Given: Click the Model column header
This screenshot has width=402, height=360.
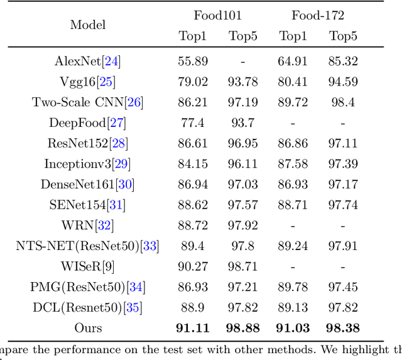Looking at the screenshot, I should [88, 25].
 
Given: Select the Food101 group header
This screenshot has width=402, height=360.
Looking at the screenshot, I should [217, 15].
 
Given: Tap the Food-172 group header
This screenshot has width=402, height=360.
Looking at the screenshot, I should [317, 15].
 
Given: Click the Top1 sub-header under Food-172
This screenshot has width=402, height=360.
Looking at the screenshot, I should [292, 36].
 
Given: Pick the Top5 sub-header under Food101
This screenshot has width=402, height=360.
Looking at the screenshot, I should [242, 36].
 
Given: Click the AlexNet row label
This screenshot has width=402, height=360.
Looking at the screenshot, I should [87, 62].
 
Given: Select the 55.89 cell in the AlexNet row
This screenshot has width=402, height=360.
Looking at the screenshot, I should [192, 62].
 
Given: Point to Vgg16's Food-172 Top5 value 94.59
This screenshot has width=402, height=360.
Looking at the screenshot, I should [343, 82].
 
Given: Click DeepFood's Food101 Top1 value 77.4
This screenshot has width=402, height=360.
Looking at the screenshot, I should [192, 123].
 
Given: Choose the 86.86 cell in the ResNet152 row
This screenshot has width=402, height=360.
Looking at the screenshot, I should [292, 144].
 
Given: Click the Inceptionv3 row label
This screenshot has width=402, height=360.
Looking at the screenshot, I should [87, 164].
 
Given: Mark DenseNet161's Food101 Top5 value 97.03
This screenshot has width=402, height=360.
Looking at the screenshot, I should [242, 185].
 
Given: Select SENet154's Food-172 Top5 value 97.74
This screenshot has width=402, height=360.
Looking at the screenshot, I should [343, 205].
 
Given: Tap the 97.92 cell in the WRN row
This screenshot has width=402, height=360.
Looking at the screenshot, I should [242, 226].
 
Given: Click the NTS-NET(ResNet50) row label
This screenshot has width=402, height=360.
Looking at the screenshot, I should [87, 246].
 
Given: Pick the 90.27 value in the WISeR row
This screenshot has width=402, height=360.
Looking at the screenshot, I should [192, 266].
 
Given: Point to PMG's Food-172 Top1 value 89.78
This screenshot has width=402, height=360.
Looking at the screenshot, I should [292, 287].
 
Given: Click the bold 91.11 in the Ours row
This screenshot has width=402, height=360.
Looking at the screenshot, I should [192, 328].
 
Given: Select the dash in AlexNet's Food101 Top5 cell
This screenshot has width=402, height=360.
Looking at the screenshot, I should [242, 62].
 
